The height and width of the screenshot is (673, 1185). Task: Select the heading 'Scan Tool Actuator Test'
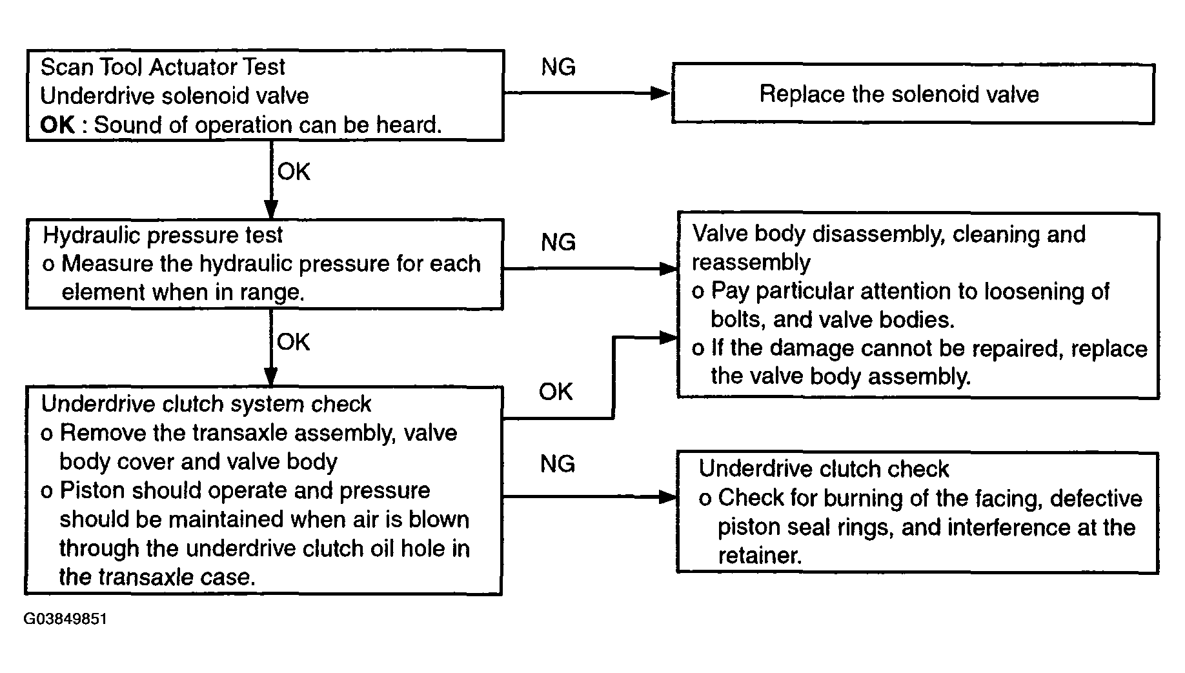coord(163,67)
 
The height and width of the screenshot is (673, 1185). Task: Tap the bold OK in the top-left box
coord(57,125)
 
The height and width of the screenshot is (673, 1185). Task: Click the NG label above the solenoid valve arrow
coord(558,67)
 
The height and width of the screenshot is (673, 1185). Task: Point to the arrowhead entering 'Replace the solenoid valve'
coord(661,93)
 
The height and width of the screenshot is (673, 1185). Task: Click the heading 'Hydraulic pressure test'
coord(163,235)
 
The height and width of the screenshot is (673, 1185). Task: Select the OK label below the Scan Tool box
coord(294,172)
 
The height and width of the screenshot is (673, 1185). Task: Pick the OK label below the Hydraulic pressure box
coord(294,342)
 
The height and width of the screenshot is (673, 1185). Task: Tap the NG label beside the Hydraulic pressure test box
coord(558,243)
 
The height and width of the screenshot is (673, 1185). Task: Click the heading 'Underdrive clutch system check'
coord(206,404)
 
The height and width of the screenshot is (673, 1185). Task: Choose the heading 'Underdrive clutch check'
coord(824,468)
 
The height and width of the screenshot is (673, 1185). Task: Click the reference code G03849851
coord(65,619)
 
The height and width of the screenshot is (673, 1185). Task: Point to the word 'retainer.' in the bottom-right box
coord(760,556)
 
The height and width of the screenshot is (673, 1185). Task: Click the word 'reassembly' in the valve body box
coord(751,263)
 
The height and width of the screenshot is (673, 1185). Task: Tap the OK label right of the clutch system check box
coord(556,392)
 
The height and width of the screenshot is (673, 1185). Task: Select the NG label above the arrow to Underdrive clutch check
coord(558,464)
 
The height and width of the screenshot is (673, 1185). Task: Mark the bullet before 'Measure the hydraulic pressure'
coord(48,265)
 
